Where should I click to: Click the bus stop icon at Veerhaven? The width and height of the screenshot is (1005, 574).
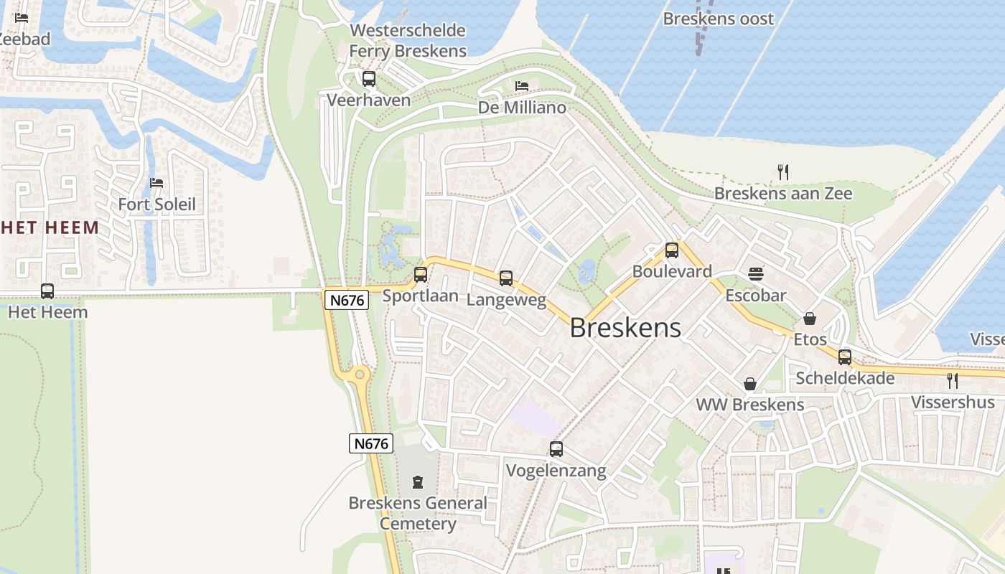369,79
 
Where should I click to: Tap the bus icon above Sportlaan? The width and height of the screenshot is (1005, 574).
421,274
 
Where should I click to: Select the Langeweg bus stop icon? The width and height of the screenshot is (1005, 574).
506,278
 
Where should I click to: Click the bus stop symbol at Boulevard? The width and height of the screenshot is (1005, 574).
672,250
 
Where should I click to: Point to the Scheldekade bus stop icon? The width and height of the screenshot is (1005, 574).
845,357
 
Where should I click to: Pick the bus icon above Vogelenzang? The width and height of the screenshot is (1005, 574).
556,449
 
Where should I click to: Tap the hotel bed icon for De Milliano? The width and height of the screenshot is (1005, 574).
522,86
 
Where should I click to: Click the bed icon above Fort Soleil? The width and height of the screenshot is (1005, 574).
156,182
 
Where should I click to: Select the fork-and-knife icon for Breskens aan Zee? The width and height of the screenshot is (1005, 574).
783,171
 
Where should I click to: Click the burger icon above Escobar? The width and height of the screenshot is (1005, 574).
755,273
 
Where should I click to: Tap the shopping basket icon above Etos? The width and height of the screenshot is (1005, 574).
810,318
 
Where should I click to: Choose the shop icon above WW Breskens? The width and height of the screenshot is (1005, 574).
750,384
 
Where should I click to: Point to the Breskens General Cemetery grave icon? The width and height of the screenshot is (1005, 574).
418,481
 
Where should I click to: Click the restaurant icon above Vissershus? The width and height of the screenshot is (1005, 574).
953,380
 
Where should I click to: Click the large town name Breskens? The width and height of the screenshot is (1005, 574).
625,328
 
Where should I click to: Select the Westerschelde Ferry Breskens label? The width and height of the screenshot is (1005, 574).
408,41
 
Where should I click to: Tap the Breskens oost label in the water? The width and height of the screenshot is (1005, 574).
719,19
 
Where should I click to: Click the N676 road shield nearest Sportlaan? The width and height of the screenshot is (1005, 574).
347,300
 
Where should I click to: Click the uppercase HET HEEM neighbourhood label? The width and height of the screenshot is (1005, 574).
50,228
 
